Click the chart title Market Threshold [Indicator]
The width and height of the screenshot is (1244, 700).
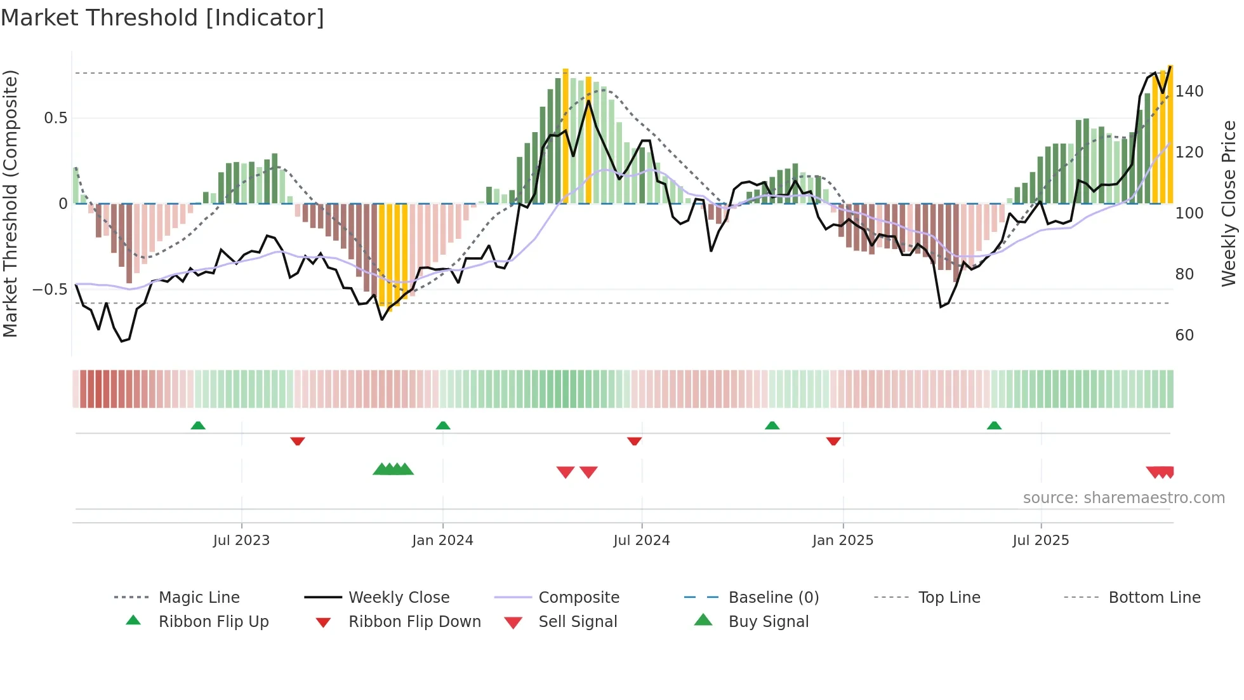pyautogui.click(x=162, y=18)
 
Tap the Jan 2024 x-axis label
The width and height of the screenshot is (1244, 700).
pyautogui.click(x=442, y=541)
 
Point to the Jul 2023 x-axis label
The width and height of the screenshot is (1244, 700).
pyautogui.click(x=241, y=541)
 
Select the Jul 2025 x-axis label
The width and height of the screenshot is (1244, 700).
pyautogui.click(x=1040, y=541)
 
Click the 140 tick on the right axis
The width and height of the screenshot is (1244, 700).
pyautogui.click(x=1189, y=91)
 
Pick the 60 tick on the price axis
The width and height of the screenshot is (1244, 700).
pyautogui.click(x=1184, y=335)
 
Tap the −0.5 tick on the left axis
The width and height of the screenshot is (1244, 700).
pyautogui.click(x=50, y=290)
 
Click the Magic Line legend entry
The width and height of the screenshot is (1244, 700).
pyautogui.click(x=199, y=598)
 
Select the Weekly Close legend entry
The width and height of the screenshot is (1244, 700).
pyautogui.click(x=399, y=598)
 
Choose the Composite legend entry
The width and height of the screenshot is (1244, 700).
pyautogui.click(x=578, y=598)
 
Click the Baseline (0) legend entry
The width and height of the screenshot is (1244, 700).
pyautogui.click(x=773, y=598)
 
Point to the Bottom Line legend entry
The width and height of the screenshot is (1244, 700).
pyautogui.click(x=1154, y=598)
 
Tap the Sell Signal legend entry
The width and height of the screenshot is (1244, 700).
pyautogui.click(x=577, y=622)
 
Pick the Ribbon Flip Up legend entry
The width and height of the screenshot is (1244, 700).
pyautogui.click(x=213, y=622)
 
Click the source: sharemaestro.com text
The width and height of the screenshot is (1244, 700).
pyautogui.click(x=1123, y=498)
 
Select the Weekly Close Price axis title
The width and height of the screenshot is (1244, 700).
pyautogui.click(x=1229, y=203)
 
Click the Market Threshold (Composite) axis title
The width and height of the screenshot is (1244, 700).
pyautogui.click(x=10, y=203)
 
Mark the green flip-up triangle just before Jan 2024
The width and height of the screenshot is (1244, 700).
pyautogui.click(x=443, y=426)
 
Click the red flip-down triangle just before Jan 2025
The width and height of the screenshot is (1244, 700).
pyautogui.click(x=833, y=441)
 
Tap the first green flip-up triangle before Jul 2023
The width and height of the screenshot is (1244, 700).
pyautogui.click(x=198, y=426)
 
